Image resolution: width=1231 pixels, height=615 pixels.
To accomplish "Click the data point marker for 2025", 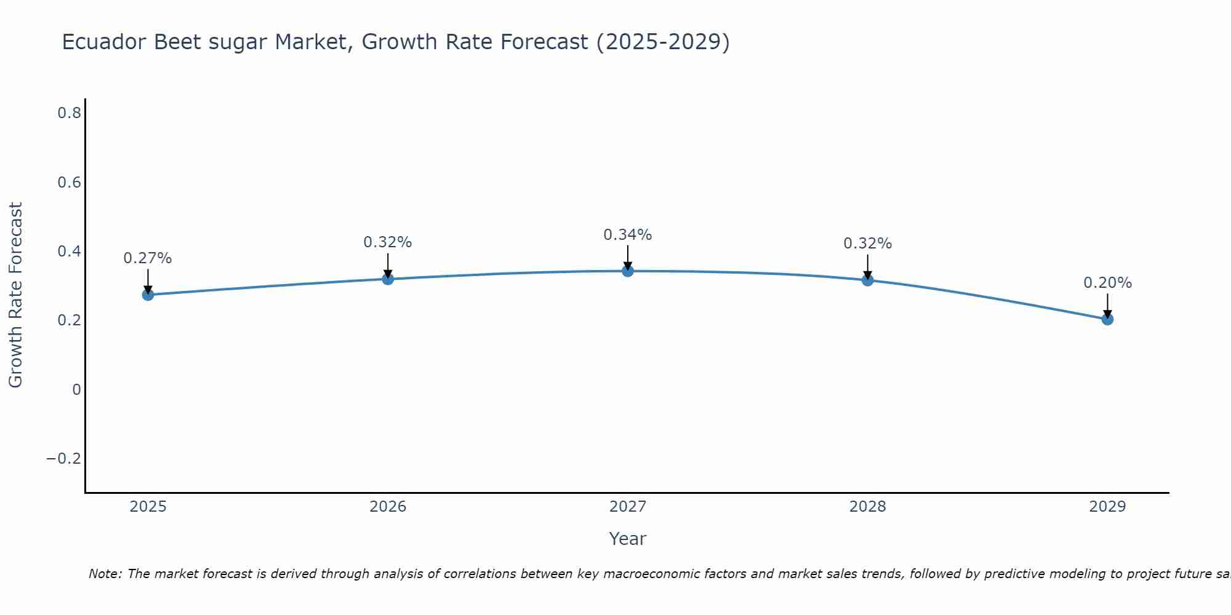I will coord(148,295).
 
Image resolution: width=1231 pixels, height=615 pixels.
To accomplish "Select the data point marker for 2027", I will coord(627,271).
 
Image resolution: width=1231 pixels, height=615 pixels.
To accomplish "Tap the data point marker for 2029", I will coord(1107,319).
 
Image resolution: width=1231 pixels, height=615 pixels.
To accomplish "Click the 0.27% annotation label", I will coord(148,258).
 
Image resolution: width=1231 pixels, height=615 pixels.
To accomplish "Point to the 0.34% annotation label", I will coord(627,235).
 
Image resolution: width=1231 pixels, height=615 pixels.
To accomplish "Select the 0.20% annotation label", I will coord(1107,283).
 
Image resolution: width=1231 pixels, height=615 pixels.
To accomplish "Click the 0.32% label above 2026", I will coord(387,242).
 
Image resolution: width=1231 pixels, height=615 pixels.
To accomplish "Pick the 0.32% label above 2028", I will coord(867,244).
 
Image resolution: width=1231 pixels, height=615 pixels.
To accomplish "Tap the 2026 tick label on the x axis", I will coord(388,507).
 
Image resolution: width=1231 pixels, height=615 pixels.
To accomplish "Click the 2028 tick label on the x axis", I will coord(867,507).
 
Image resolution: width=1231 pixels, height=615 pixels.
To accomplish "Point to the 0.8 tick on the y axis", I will coord(69,113).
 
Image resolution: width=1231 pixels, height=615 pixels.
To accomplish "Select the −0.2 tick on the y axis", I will coord(63,459).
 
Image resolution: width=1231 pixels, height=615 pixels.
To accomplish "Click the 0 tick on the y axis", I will coord(76,389).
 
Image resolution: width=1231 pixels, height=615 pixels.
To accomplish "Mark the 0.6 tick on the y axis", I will coord(69,183).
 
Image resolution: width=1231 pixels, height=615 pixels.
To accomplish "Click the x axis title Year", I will coord(627,539).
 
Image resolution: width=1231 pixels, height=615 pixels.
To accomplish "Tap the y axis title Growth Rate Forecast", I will coord(15,295).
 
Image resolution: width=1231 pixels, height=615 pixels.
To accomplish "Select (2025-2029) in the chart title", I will coord(663,42).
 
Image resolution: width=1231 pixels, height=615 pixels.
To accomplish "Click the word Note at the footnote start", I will coord(105,574).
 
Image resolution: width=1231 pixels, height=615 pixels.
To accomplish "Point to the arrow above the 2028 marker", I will coord(867,267).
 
